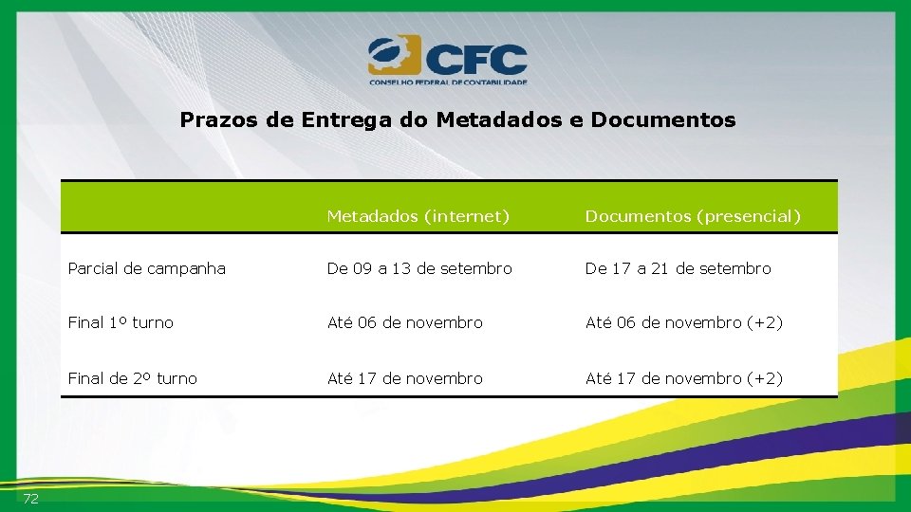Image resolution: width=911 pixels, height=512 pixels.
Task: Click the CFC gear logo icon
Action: tap(392, 56)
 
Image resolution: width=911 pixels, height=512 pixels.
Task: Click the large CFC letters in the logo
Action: tap(475, 60)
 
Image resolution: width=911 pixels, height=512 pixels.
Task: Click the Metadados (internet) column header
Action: tap(418, 216)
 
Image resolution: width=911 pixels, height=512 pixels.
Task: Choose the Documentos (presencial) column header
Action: tap(693, 216)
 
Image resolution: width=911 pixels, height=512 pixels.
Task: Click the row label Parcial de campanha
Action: tap(147, 268)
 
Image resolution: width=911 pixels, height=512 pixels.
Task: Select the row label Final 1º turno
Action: tap(121, 322)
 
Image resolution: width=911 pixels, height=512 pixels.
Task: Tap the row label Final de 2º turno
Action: tap(133, 378)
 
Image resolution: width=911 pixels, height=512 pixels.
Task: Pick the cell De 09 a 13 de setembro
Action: tap(419, 268)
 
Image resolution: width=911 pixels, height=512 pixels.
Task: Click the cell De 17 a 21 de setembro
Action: tap(678, 268)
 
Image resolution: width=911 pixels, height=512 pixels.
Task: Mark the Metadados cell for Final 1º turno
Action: tap(405, 322)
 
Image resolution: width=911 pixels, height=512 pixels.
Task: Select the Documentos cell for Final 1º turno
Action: tap(683, 322)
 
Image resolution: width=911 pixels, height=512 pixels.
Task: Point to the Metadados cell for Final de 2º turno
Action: tap(405, 378)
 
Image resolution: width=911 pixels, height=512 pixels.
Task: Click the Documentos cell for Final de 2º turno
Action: tap(683, 378)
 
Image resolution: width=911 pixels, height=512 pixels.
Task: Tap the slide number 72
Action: tap(30, 499)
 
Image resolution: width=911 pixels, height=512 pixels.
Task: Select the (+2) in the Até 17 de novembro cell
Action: tap(764, 378)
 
